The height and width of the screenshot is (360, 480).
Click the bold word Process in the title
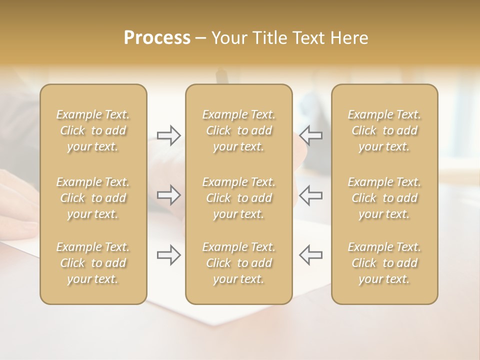(x=157, y=38)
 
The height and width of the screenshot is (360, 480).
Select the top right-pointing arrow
(x=168, y=135)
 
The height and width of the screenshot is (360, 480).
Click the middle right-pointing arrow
(x=168, y=195)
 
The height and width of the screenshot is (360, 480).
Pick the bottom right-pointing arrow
(x=168, y=255)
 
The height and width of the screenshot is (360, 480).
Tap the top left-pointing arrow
(x=310, y=135)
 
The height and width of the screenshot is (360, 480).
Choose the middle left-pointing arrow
(x=310, y=195)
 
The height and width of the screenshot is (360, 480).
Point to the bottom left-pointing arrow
(x=310, y=255)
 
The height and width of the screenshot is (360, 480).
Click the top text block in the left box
(x=93, y=130)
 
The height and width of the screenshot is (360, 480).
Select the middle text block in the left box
(x=93, y=198)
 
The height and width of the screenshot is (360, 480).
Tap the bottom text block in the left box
(x=93, y=263)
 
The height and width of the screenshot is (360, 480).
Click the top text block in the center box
(x=239, y=130)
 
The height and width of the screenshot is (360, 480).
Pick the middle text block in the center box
(x=239, y=198)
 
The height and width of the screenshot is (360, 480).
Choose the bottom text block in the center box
(x=239, y=263)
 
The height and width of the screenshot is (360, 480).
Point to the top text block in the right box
(x=384, y=130)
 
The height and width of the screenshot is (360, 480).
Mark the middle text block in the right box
(x=384, y=198)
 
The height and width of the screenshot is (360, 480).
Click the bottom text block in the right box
(x=384, y=263)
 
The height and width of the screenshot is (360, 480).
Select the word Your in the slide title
(x=229, y=38)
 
